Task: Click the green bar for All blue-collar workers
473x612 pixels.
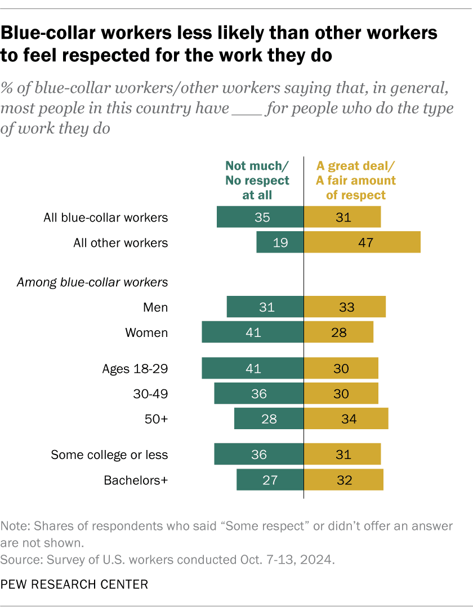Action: (260, 217)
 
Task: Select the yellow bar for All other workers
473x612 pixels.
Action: (362, 242)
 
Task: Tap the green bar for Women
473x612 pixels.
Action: (253, 332)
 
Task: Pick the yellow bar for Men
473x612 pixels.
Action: (345, 307)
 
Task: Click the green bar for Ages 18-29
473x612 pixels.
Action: (253, 369)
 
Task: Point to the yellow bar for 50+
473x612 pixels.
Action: (346, 419)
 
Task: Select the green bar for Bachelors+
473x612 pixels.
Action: (270, 480)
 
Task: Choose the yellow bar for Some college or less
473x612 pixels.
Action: (342, 454)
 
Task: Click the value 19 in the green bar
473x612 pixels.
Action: (280, 243)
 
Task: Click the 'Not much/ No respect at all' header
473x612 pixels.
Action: (257, 180)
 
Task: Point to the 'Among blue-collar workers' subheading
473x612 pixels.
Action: (92, 282)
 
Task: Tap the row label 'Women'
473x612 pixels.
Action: (146, 332)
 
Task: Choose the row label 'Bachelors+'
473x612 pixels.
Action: (136, 480)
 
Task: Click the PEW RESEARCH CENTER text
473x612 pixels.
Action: (75, 584)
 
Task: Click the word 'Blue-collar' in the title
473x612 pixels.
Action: (50, 33)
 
